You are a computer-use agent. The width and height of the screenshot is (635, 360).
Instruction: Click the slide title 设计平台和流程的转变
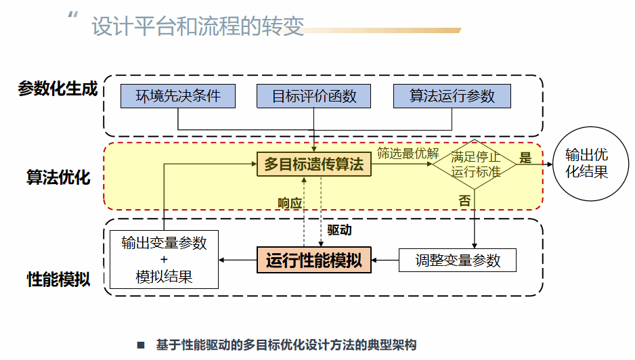point(198,27)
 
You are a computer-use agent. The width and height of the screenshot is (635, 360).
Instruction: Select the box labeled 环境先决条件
point(178,96)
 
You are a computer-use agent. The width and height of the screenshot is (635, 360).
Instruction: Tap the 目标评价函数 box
point(314,96)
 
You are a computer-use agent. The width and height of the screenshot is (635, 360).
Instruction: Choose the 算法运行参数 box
point(452,96)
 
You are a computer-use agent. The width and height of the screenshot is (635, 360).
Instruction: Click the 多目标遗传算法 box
point(314,164)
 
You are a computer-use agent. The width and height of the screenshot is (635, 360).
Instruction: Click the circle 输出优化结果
point(586,164)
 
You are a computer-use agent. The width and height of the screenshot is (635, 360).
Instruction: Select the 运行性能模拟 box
point(314,260)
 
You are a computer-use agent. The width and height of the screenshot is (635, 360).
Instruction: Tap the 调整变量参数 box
point(458,260)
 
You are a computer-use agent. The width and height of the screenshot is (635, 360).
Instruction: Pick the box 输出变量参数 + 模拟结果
point(164,259)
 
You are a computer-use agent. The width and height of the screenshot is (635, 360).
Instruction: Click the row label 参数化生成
point(58,89)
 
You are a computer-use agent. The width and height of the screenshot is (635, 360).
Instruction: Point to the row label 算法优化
point(58,177)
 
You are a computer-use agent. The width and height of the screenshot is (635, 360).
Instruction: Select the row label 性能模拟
point(58,279)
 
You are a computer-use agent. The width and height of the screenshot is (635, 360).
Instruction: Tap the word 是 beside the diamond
point(525,158)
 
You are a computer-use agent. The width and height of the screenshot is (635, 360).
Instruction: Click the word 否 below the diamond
point(465,201)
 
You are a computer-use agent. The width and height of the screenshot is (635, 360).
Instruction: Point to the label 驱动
point(339,230)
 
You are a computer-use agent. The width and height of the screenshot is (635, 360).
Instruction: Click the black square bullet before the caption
point(141,345)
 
